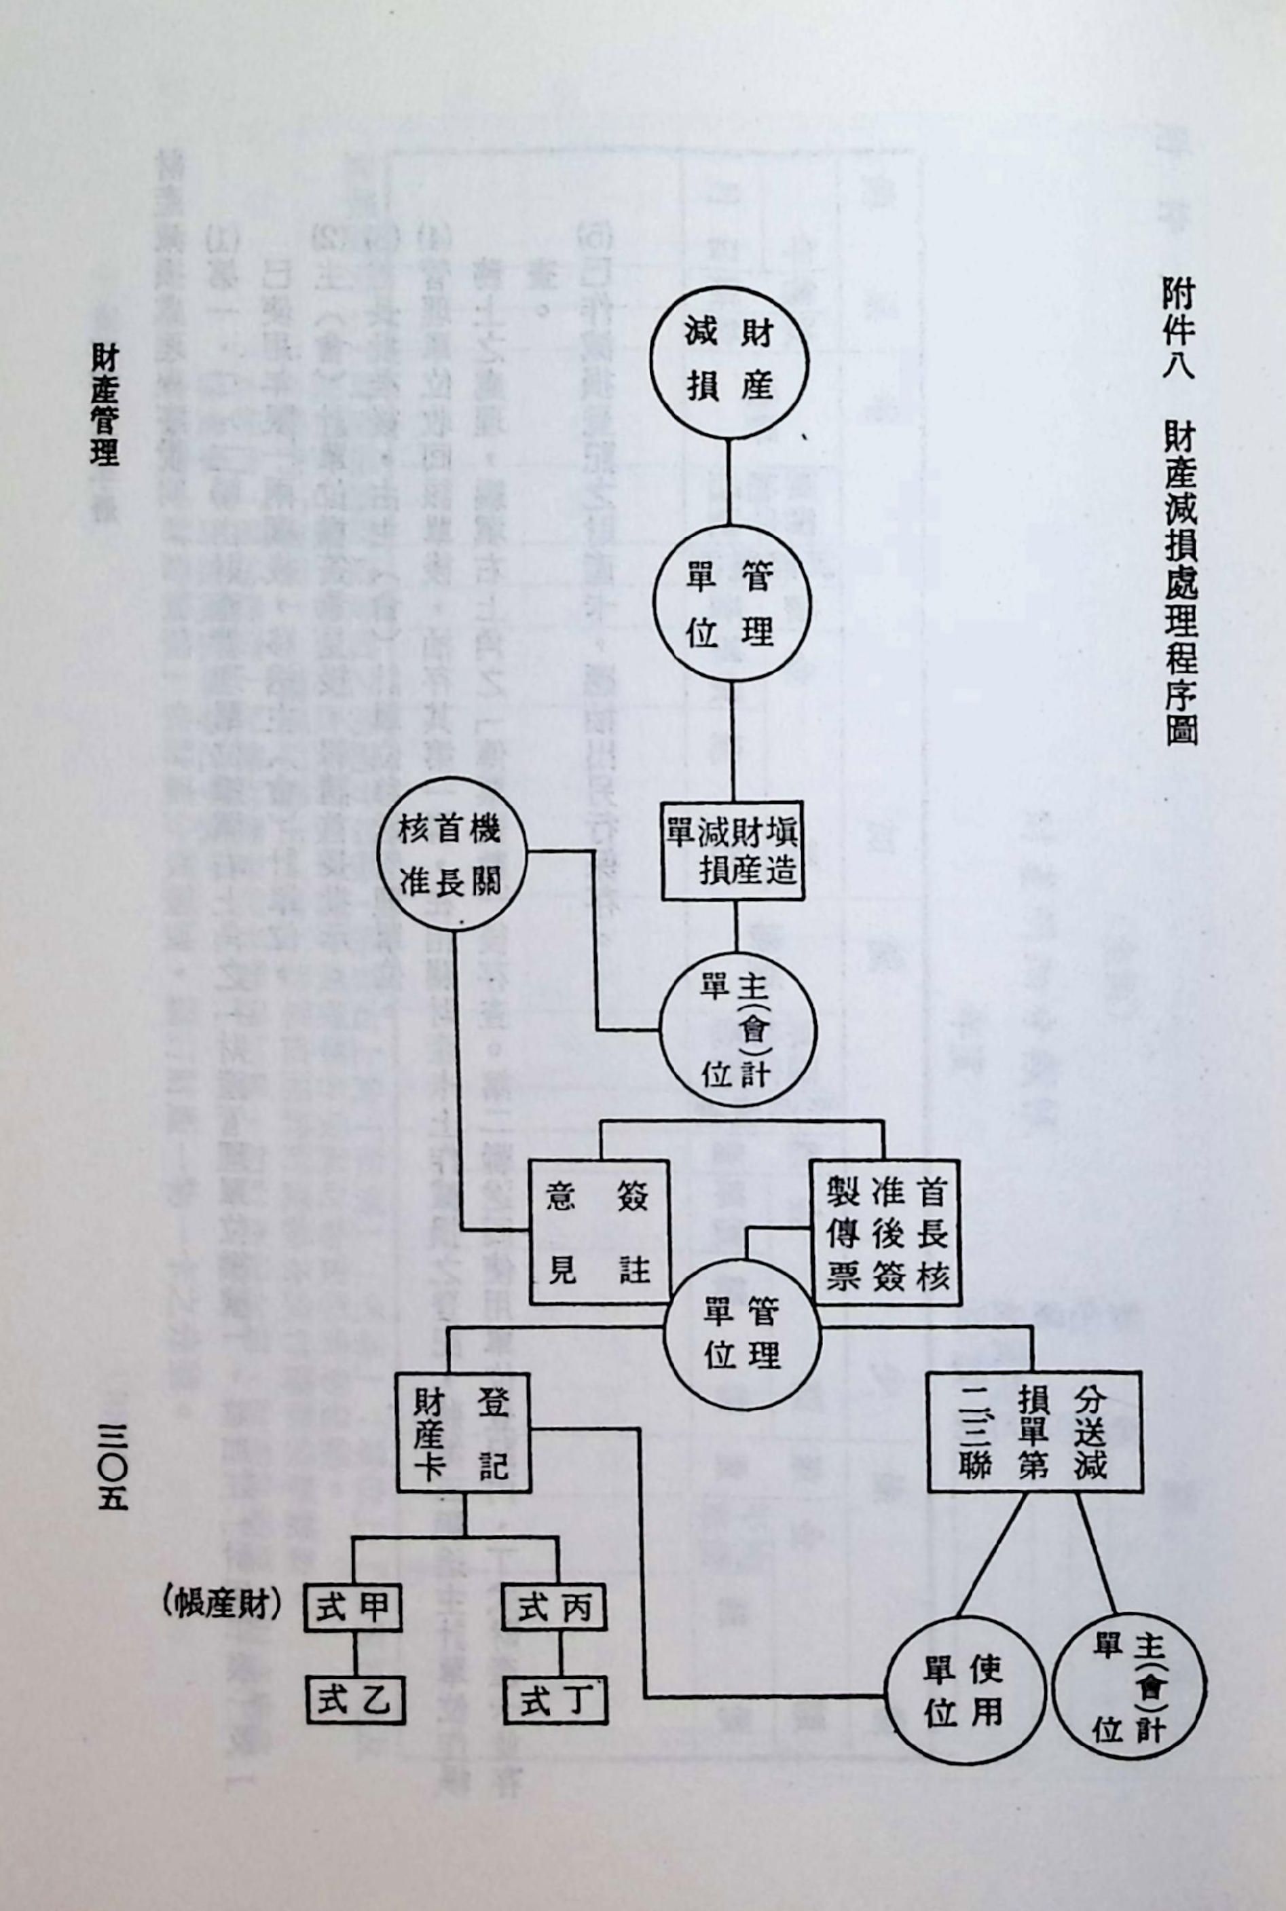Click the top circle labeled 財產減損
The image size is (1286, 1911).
tap(729, 360)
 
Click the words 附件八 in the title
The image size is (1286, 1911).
tap(1179, 329)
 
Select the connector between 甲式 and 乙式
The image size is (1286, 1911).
tap(355, 1650)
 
